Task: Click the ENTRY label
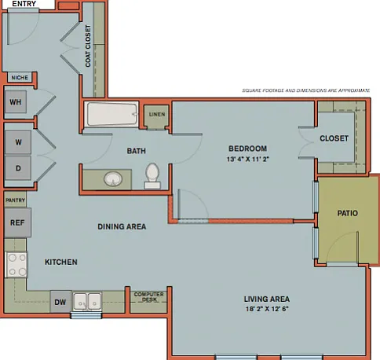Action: [24, 4]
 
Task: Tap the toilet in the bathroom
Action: [152, 176]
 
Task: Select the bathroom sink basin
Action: [113, 179]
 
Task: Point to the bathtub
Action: [111, 114]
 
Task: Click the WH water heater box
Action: [16, 102]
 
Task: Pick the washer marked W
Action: [18, 142]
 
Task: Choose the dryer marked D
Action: [18, 168]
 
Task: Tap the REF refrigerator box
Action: [17, 222]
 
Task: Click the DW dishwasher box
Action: [60, 302]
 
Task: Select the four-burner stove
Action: [16, 264]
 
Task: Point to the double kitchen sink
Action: [87, 302]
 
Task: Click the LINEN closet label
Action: [157, 115]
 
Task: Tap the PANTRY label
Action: [15, 200]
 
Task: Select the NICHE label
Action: [20, 78]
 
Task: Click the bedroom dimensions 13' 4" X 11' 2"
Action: [248, 159]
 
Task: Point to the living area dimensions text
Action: [267, 309]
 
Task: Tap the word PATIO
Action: [348, 213]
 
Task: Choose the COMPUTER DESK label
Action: [149, 297]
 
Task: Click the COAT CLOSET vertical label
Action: [88, 46]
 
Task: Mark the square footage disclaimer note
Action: [306, 90]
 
